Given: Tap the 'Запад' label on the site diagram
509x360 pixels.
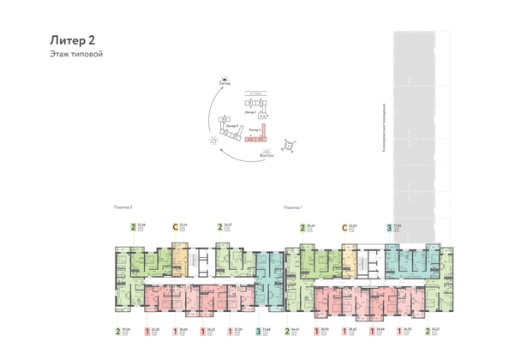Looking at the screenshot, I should pos(224,83).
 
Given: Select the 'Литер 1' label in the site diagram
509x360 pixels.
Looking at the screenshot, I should pos(251,112).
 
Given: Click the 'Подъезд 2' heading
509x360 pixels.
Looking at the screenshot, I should pos(125,208).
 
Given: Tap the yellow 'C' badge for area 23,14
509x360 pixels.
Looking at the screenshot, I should pos(176,228).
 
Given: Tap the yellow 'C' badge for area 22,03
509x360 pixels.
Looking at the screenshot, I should pos(344,228).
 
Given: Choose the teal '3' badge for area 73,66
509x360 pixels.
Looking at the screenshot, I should pos(259,330).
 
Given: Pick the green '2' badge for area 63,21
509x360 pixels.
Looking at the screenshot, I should pos(433,330).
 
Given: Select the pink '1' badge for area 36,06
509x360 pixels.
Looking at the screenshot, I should pos(177,330).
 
